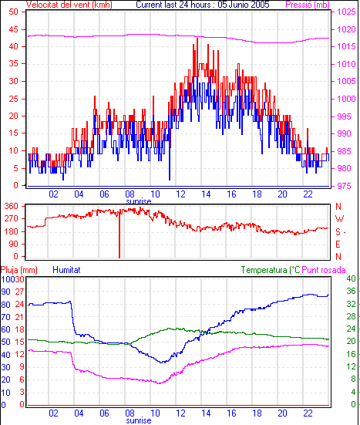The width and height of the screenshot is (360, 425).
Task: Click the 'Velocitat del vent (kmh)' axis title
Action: coord(69,5)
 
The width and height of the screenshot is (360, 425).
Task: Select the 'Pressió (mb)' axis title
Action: coord(308,5)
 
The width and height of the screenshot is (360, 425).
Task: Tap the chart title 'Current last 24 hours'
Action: coord(173,5)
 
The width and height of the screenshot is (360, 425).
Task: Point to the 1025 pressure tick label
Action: coord(346,12)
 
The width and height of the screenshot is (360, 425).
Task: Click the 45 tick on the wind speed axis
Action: coord(13,29)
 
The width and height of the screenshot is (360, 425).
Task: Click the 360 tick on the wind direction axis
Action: coord(11,206)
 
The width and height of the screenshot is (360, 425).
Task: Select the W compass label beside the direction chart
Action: coord(339,218)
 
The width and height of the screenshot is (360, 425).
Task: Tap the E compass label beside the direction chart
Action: coord(338,245)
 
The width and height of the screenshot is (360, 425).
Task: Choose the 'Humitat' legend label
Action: coord(66,270)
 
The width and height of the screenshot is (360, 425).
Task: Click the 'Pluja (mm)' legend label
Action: coord(19,270)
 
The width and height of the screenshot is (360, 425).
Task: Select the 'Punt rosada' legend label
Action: coord(324,270)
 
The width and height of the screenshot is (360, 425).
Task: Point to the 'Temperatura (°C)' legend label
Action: coord(271,270)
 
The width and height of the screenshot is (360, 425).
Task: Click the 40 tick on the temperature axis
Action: coord(351,278)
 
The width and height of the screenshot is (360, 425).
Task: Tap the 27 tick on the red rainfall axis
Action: coord(19,292)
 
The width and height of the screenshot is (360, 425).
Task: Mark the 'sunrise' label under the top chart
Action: coord(139,201)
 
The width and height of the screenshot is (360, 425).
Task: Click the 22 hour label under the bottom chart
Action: coord(308,413)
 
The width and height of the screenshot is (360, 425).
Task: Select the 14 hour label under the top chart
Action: coord(206,194)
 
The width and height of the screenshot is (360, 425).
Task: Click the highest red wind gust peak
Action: coord(197,39)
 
